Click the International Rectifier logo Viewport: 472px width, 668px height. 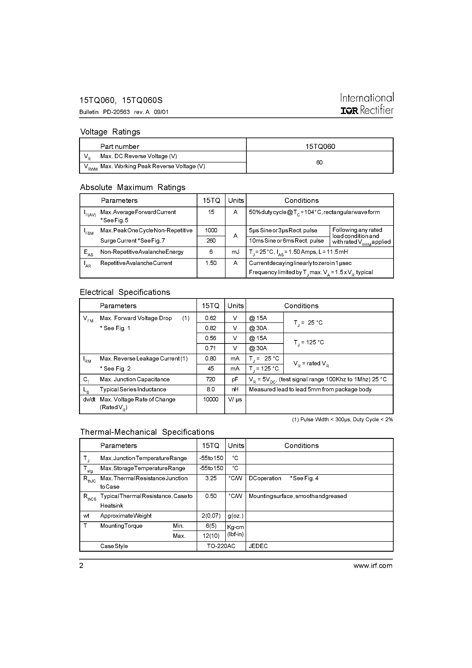point(367,104)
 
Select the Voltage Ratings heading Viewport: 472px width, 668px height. point(110,132)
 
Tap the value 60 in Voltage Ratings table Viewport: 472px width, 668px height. point(319,162)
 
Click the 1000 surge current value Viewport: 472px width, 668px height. point(211,231)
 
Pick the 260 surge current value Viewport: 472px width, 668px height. point(211,241)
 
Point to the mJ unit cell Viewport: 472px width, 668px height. point(235,252)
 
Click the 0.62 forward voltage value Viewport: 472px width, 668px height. point(210,318)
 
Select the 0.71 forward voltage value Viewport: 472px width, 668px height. point(210,348)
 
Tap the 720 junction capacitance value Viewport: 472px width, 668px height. point(210,379)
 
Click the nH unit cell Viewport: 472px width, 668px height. point(235,389)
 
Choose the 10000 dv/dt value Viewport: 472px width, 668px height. point(210,400)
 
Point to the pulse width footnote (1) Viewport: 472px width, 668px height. point(342,419)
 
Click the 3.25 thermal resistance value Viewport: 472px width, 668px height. point(211,478)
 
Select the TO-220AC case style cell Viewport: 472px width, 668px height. point(221,546)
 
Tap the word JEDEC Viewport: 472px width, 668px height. point(258,546)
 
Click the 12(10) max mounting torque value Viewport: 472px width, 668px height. point(211,536)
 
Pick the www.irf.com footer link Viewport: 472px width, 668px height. point(373,566)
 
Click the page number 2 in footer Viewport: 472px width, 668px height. point(82,566)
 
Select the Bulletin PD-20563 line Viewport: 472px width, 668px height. point(124,112)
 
